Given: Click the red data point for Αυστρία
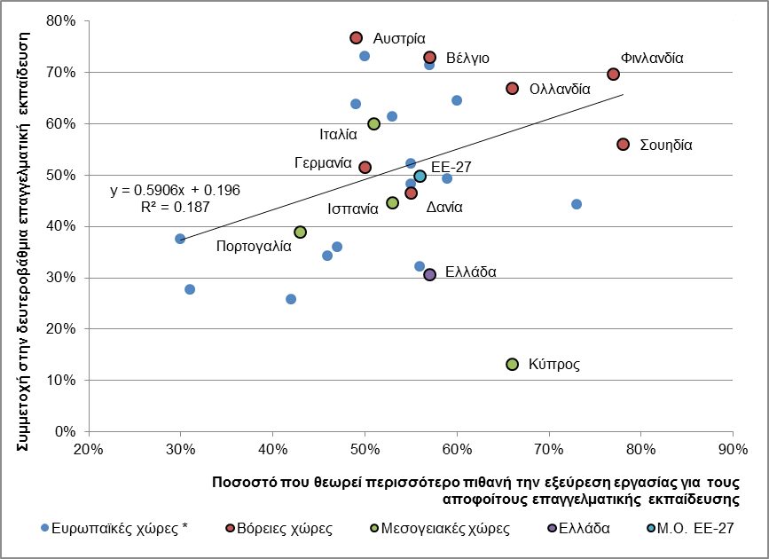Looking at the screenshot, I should tap(357, 37).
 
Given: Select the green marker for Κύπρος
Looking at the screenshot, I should tap(512, 365).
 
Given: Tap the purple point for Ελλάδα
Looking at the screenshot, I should tap(429, 275).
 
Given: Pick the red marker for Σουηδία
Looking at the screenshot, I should tap(623, 145).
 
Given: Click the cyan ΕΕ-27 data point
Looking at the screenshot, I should tap(420, 177).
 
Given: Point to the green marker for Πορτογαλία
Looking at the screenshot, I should tap(301, 232).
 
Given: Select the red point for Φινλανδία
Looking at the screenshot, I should tap(614, 74).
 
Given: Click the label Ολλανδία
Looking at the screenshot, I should tap(560, 89).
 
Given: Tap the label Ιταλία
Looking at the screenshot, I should tap(338, 135).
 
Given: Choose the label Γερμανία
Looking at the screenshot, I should tap(325, 163).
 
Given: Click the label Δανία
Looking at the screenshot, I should tap(444, 208).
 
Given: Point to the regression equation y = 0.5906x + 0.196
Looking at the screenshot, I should tap(175, 191).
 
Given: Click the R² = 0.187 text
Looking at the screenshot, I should tap(176, 207).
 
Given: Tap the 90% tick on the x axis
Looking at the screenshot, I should tap(732, 449).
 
